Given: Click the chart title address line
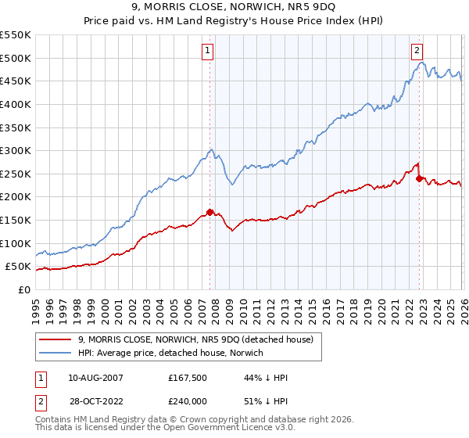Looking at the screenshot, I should tap(234, 8).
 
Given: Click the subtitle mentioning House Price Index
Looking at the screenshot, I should tap(234, 21).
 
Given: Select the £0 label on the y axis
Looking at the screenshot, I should tap(23, 289).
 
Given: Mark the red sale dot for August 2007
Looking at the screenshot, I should tap(209, 212).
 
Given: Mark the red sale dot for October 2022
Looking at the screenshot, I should tap(420, 178).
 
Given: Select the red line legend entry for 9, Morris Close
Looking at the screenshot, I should tap(195, 339).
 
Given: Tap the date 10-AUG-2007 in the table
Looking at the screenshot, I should tap(95, 378).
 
